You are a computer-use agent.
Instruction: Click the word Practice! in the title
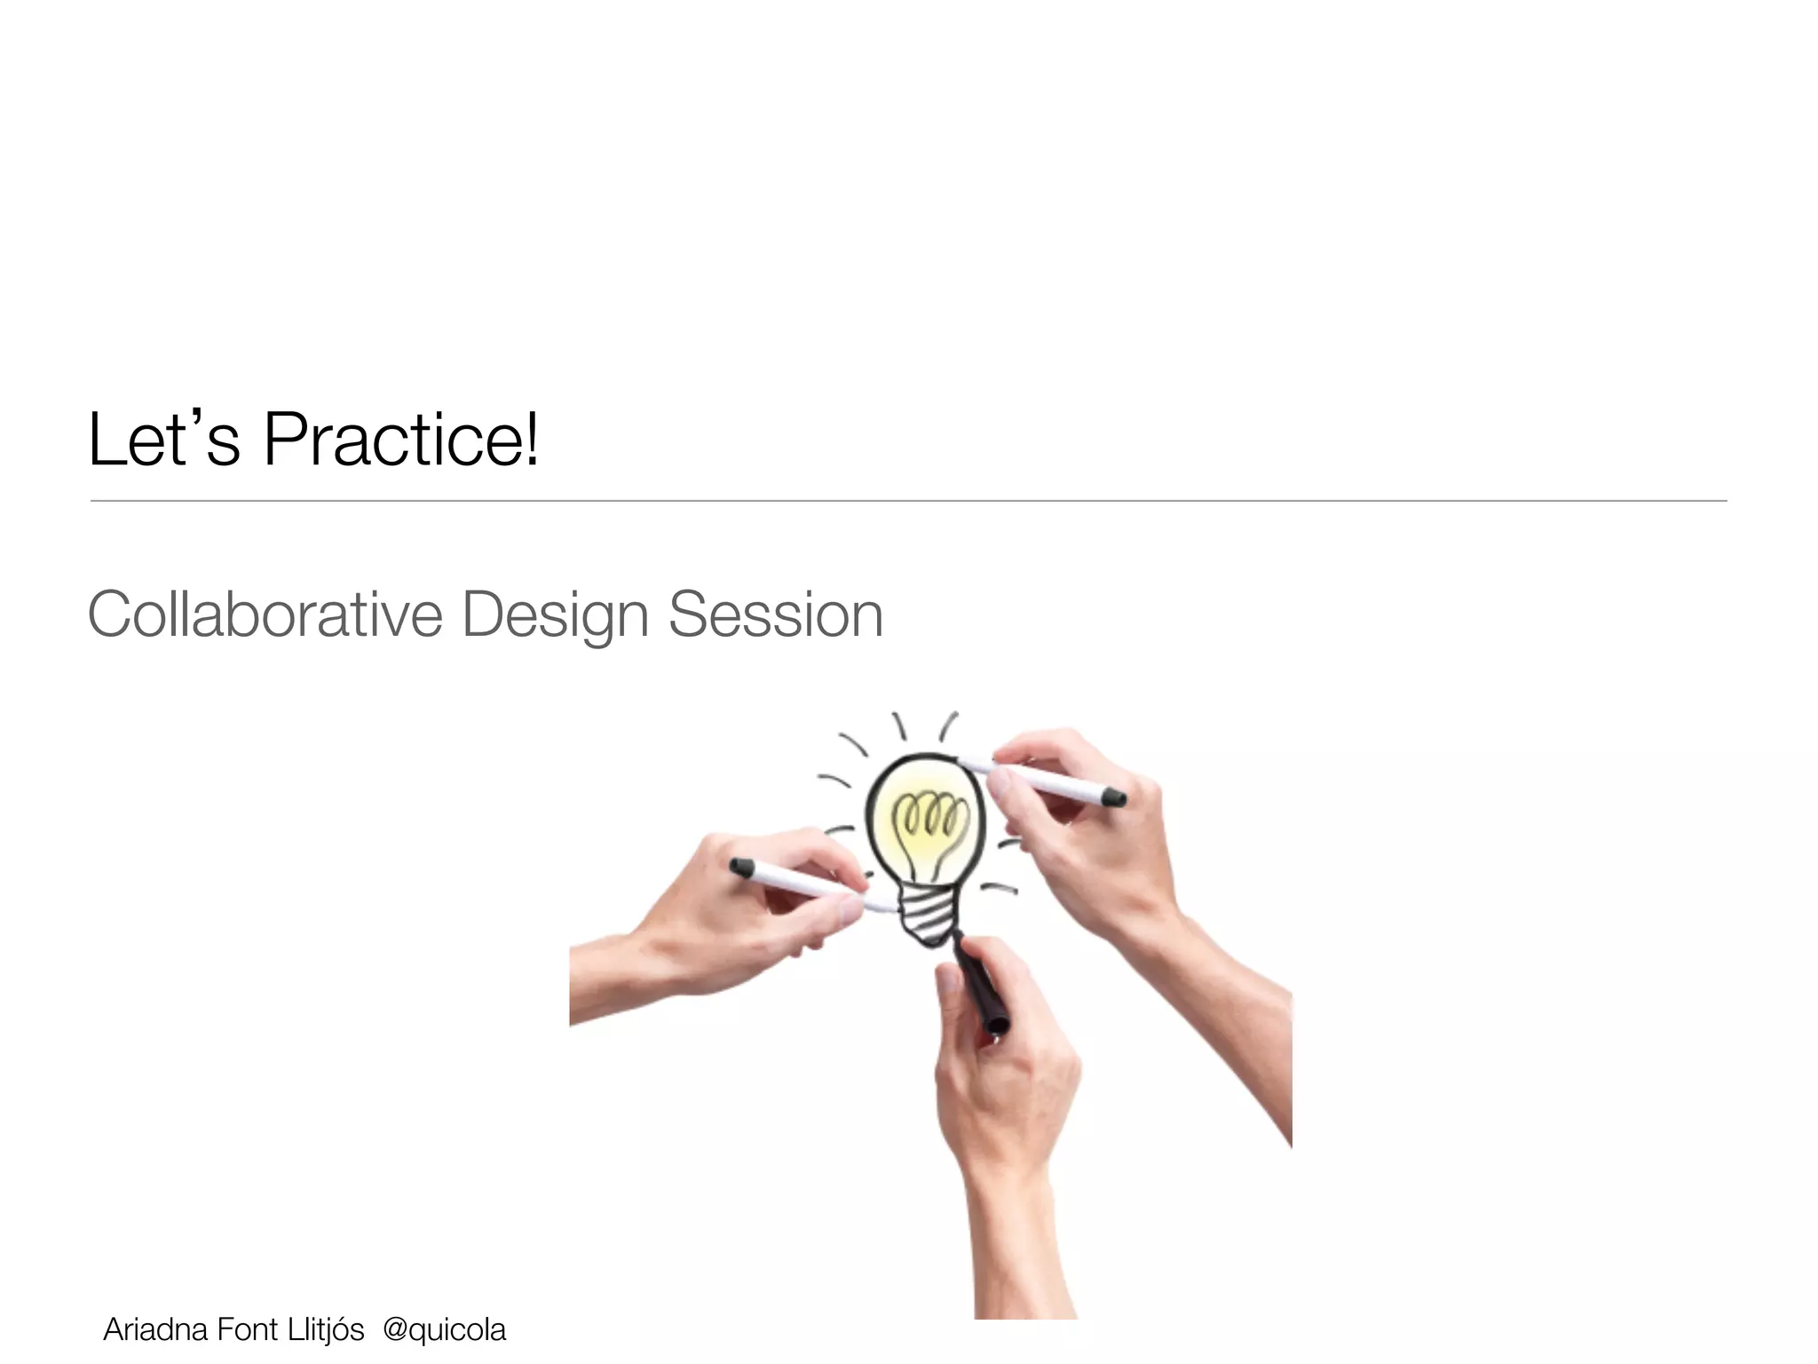(x=401, y=440)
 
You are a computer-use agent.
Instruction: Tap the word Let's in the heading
(x=164, y=440)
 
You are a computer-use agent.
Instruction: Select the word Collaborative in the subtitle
(x=265, y=615)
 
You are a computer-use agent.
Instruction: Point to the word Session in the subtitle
(x=775, y=615)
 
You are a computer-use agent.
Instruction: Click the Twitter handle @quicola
(x=444, y=1329)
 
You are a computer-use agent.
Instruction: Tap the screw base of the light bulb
(x=928, y=915)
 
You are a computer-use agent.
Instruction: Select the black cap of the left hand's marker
(x=742, y=867)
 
